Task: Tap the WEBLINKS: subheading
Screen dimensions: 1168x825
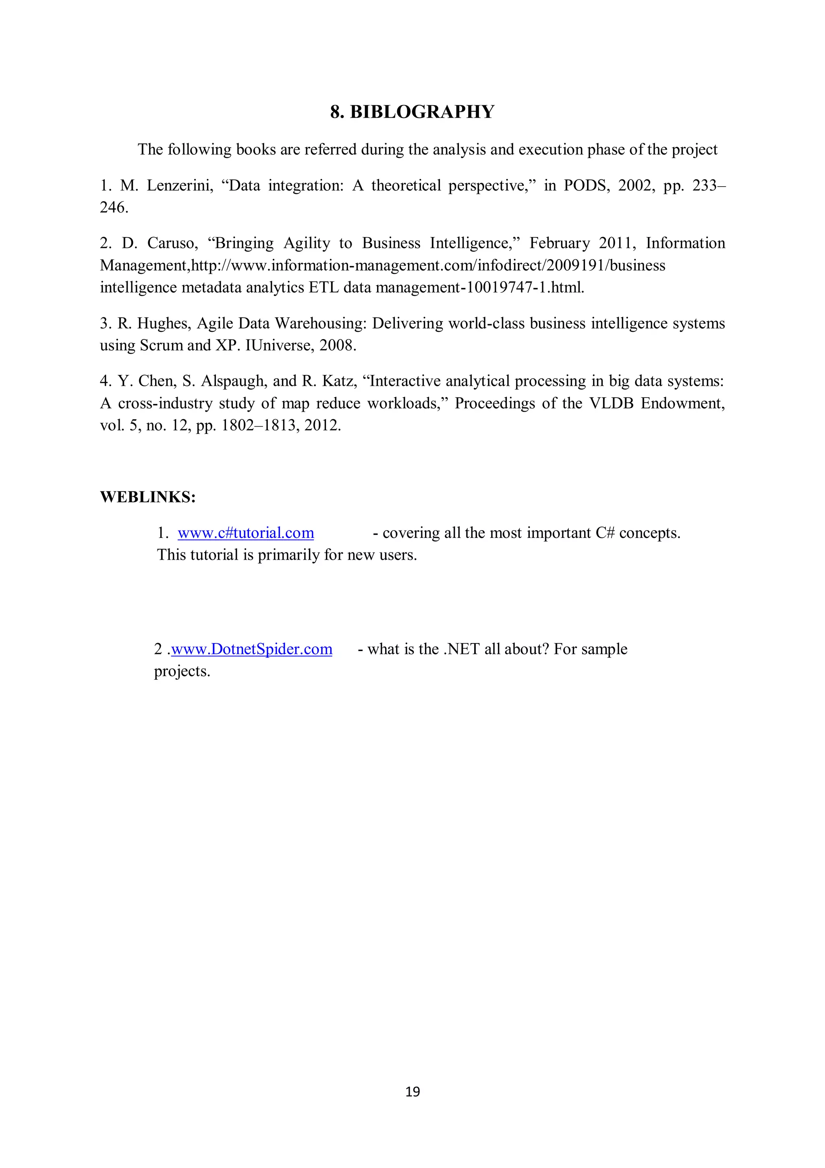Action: [148, 497]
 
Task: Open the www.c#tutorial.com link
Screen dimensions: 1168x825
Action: [245, 533]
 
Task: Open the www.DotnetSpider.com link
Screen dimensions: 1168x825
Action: [252, 649]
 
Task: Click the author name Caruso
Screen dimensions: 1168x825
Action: [172, 243]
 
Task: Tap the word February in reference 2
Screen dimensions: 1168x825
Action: [560, 243]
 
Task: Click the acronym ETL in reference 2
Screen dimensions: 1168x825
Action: [324, 288]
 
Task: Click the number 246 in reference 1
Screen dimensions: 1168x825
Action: [113, 208]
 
